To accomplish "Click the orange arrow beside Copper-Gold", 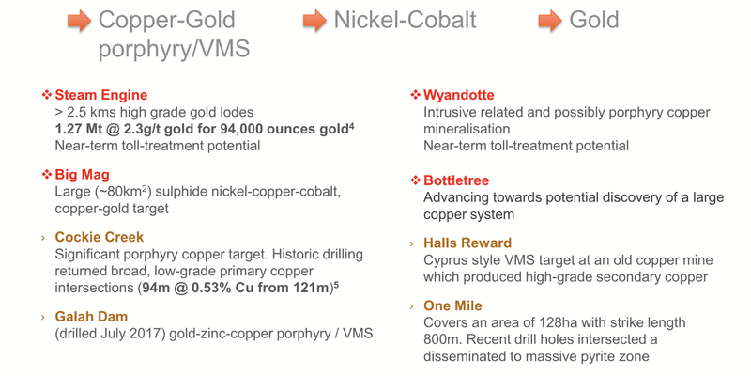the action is [79, 21].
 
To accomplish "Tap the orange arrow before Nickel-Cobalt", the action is [314, 21].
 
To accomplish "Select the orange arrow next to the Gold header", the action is [549, 21].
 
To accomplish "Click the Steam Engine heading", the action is [100, 95].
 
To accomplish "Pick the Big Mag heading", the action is [83, 174].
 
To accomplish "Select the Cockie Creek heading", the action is [100, 237].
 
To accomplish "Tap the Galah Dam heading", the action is [91, 317].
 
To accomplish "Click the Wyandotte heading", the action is [458, 95].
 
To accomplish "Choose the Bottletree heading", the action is [456, 180].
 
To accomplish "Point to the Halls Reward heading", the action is [467, 243].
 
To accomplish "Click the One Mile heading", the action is [452, 306].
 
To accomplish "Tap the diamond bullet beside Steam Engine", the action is [46, 95].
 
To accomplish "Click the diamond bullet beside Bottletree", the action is [415, 180].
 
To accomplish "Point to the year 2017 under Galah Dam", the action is [147, 333].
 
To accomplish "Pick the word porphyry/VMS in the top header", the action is [174, 49].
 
